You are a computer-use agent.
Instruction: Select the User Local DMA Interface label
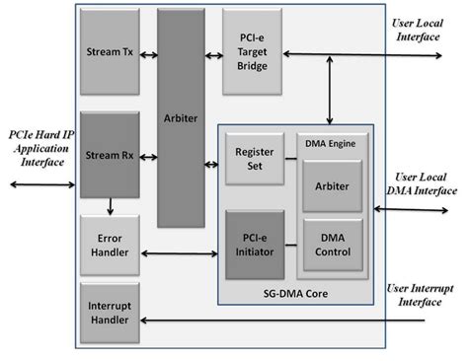[422, 182]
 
